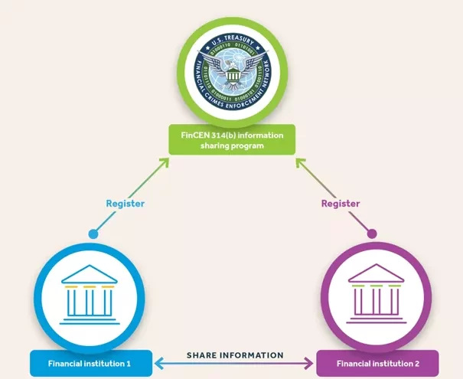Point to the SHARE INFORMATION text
pos(235,355)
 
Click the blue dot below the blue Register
pos(93,233)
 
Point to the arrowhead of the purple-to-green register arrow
pos(299,161)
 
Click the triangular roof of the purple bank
pos(376,274)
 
